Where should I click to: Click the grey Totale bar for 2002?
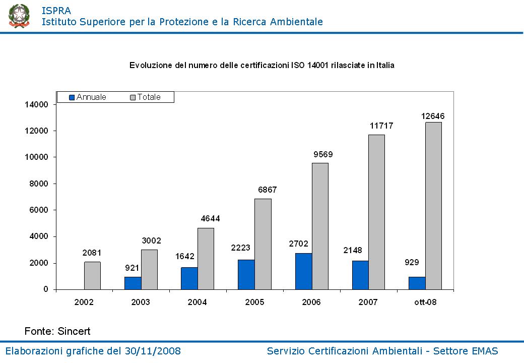click(x=92, y=275)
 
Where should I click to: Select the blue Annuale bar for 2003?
click(x=133, y=283)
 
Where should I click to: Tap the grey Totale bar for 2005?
click(x=263, y=244)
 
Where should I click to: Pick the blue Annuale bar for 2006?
click(x=303, y=271)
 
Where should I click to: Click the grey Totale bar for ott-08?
click(x=433, y=206)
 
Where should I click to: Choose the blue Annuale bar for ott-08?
click(x=417, y=283)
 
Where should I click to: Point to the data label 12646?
click(x=433, y=116)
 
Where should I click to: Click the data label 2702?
click(x=298, y=244)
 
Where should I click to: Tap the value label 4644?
click(x=210, y=219)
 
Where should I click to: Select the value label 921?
click(x=132, y=268)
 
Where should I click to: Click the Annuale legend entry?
click(x=88, y=97)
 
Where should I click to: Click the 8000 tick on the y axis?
click(x=38, y=184)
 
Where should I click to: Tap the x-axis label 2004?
click(x=198, y=302)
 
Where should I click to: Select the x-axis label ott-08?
click(x=425, y=302)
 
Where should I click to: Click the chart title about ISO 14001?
click(x=261, y=65)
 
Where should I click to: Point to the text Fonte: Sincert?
click(x=57, y=331)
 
